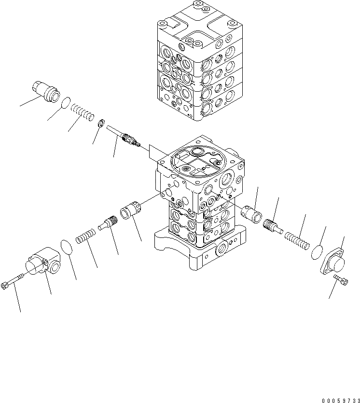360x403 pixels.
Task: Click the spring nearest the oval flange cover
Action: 295,239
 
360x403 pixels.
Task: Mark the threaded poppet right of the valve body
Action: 274,226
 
